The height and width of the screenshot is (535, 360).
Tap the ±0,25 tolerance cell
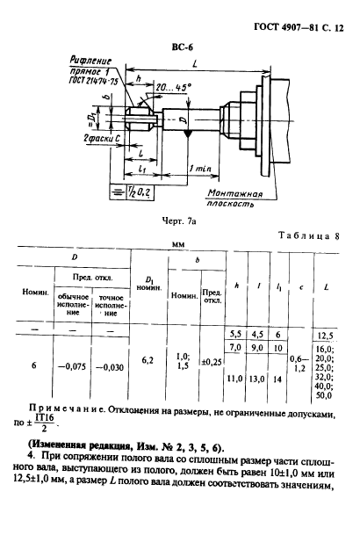pyautogui.click(x=212, y=360)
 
